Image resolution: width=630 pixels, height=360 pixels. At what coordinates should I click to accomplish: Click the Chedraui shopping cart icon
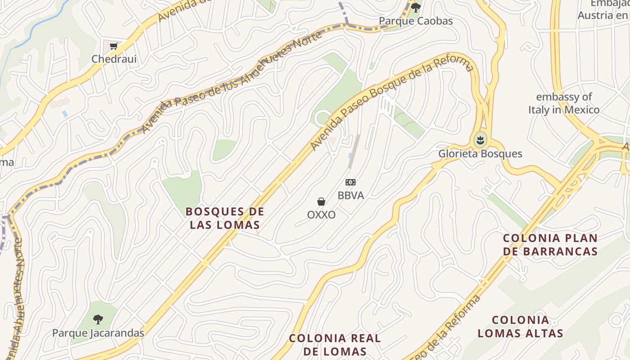[113, 46]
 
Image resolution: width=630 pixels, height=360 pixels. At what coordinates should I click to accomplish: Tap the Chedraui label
[114, 59]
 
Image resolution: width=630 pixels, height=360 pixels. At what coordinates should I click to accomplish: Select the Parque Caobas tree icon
[416, 7]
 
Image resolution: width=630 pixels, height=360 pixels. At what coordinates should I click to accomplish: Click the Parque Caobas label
[415, 21]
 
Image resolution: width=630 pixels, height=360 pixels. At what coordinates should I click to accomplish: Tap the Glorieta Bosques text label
[480, 153]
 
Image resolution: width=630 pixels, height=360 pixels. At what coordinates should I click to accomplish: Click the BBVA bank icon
[351, 182]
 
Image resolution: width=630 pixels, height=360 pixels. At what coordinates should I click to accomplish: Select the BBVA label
[351, 196]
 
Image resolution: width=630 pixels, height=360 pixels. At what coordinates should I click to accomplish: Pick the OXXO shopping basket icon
[321, 202]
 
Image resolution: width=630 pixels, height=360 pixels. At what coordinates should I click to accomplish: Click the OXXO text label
[321, 215]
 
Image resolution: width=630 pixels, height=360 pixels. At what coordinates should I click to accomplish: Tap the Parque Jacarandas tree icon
[98, 319]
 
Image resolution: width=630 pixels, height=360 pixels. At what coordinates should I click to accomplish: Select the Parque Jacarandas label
[98, 333]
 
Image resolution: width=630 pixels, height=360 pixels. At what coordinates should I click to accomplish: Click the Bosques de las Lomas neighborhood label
[225, 218]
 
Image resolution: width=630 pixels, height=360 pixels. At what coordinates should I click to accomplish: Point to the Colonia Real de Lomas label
[335, 344]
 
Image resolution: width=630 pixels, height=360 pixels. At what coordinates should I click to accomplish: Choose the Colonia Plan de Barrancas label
[550, 244]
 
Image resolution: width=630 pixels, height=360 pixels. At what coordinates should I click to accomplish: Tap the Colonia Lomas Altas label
[520, 326]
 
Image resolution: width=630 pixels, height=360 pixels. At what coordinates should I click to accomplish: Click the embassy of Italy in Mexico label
[564, 103]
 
